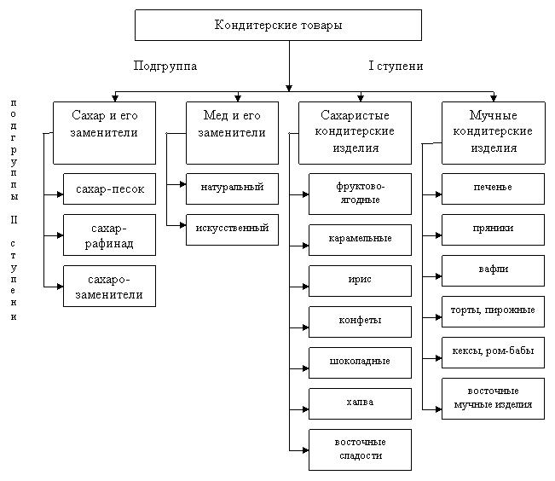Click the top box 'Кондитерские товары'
[278, 25]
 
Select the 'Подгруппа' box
[181, 66]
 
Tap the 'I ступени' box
[415, 66]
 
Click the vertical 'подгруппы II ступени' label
[17, 209]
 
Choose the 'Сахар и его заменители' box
[104, 132]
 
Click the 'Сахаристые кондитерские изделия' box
[354, 132]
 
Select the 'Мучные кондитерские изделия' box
[494, 132]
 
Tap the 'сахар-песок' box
[109, 188]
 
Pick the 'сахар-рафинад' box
[109, 235]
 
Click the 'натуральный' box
[232, 188]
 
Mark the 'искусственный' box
[232, 229]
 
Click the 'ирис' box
[359, 279]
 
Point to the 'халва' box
[359, 402]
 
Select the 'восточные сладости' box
[359, 449]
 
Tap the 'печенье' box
[493, 188]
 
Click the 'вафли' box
[493, 269]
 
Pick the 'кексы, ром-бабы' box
[493, 351]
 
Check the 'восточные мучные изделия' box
[493, 397]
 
